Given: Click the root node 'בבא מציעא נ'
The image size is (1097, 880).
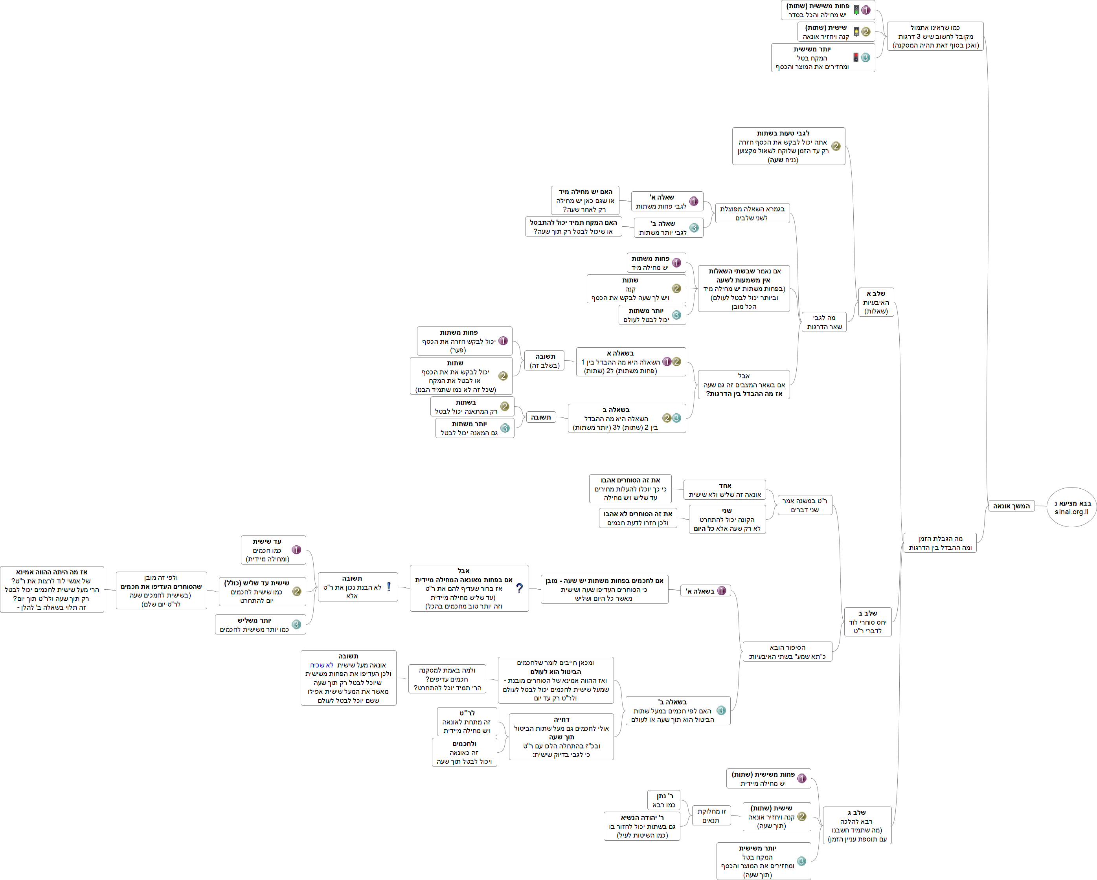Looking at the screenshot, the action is pyautogui.click(x=1071, y=507).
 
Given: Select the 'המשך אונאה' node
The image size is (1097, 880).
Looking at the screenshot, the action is pyautogui.click(x=1011, y=506).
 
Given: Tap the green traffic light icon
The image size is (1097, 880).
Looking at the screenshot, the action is pyautogui.click(x=856, y=10).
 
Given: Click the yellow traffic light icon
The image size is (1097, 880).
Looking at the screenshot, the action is pyautogui.click(x=856, y=31).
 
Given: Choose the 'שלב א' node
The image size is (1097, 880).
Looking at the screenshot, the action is pyautogui.click(x=876, y=302).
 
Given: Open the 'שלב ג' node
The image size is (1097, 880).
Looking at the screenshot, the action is pyautogui.click(x=857, y=825).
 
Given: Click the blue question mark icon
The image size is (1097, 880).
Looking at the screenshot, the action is pyautogui.click(x=519, y=588).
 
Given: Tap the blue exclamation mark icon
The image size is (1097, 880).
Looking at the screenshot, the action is pyautogui.click(x=389, y=587).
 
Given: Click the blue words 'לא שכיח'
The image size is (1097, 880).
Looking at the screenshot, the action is pyautogui.click(x=322, y=665).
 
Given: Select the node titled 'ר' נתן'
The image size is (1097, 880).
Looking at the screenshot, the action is pyautogui.click(x=664, y=800).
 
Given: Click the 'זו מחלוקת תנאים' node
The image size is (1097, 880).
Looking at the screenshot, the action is pyautogui.click(x=711, y=816).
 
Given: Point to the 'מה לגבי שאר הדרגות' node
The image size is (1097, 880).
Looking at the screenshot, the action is pyautogui.click(x=824, y=322).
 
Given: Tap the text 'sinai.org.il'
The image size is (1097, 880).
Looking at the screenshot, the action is pyautogui.click(x=1071, y=512).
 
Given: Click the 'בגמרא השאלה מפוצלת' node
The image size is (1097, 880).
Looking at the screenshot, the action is pyautogui.click(x=752, y=213).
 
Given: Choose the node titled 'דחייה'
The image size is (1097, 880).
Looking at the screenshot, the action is pyautogui.click(x=561, y=737).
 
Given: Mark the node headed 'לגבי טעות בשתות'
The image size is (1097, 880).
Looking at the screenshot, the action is pyautogui.click(x=788, y=146).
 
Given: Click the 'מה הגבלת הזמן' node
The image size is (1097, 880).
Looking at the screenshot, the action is pyautogui.click(x=940, y=543).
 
